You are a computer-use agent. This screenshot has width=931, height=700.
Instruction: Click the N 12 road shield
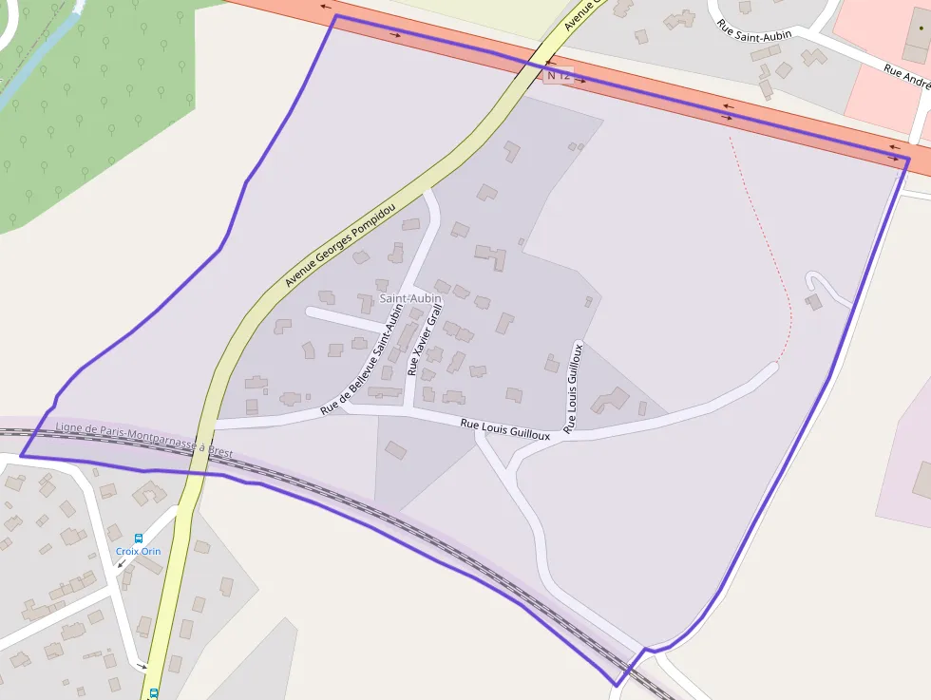tap(559, 75)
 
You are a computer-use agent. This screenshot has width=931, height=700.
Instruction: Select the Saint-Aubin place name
tap(410, 298)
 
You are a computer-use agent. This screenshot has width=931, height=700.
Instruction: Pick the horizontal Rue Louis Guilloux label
tap(504, 429)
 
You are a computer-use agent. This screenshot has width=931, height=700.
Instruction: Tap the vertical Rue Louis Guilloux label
tap(574, 388)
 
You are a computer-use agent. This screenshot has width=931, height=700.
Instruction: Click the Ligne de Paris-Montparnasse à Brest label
tap(143, 441)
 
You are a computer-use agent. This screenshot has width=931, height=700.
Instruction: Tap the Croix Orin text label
tap(139, 551)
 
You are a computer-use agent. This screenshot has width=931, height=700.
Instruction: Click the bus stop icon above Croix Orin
tap(139, 539)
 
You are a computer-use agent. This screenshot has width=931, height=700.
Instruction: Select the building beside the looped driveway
tap(813, 302)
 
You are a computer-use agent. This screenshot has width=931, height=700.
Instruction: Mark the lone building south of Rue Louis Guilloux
tap(396, 449)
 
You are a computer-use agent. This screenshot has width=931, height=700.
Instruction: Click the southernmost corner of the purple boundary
tap(617, 685)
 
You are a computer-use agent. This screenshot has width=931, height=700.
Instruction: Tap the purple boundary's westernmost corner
tap(21, 456)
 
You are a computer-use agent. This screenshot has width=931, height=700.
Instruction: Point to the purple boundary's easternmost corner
tap(909, 158)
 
